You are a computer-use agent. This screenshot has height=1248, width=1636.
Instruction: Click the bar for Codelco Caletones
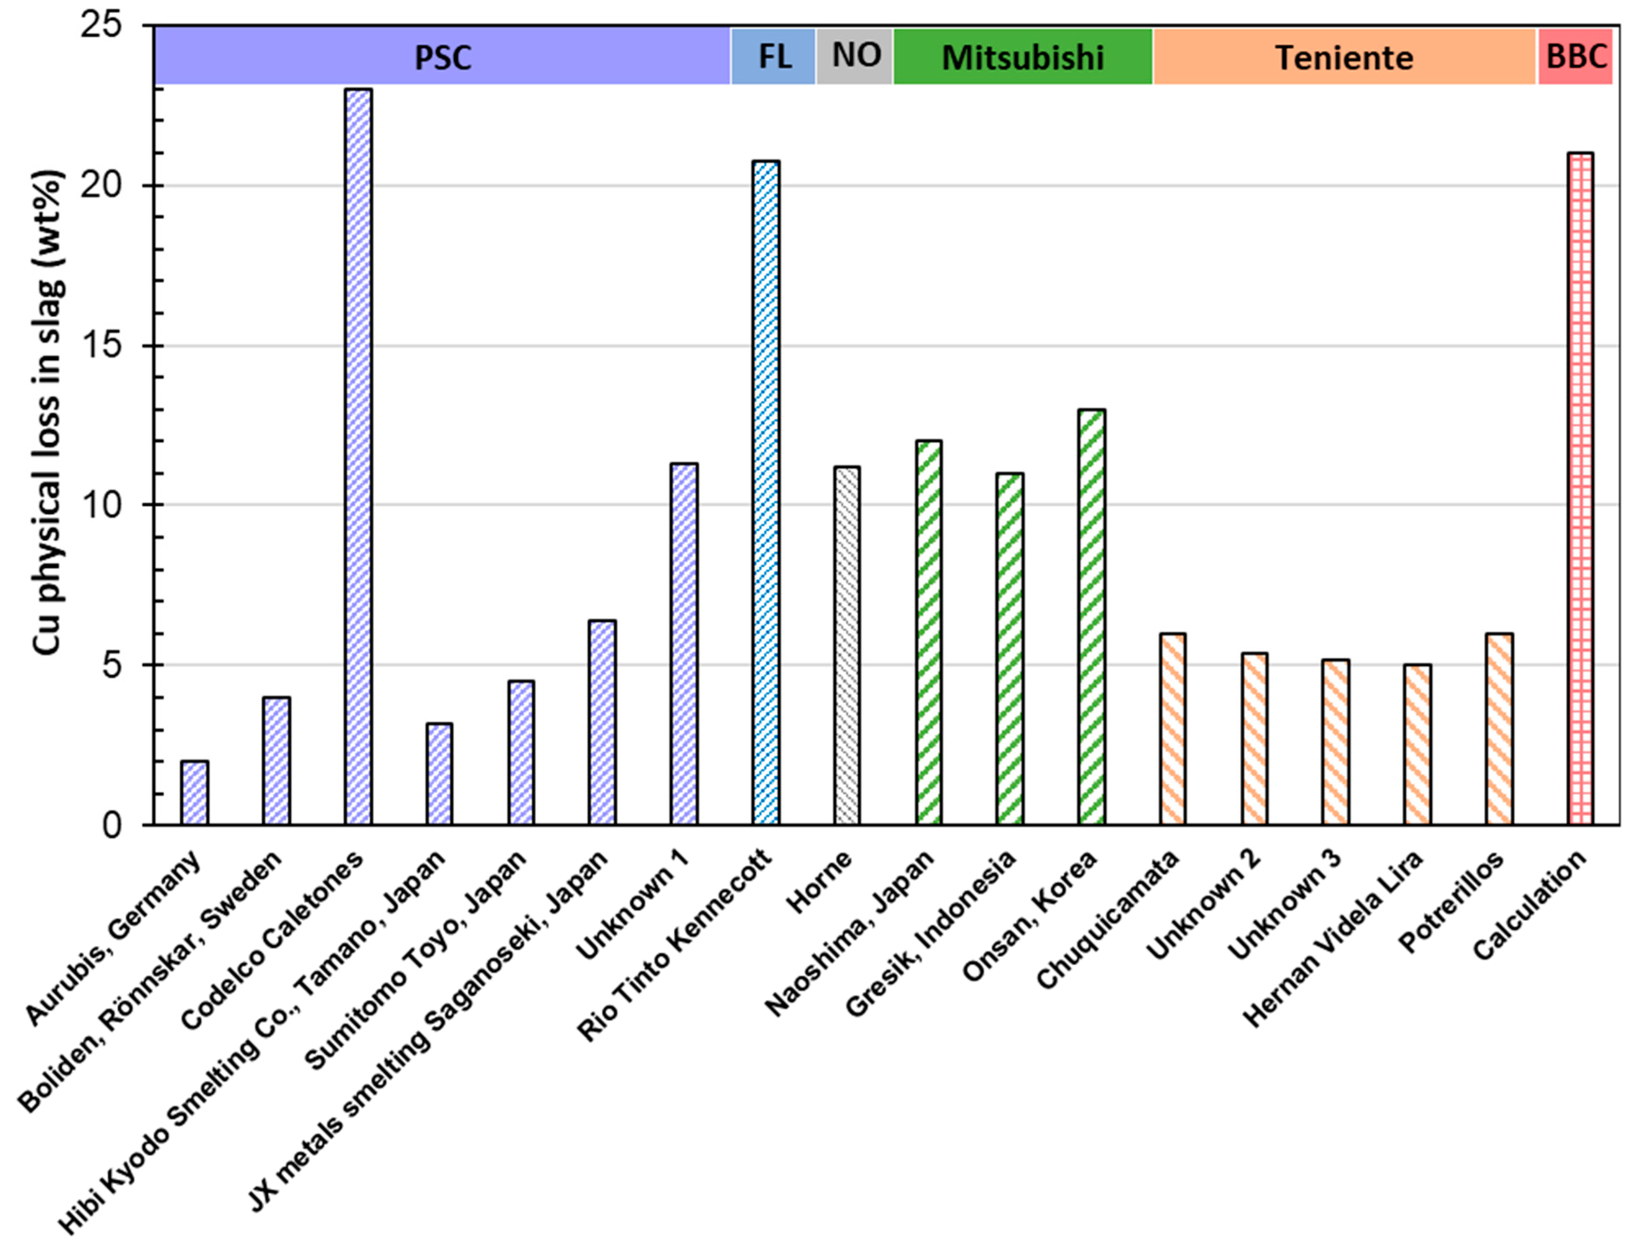358,457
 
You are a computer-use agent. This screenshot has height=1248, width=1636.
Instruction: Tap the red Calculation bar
1580,489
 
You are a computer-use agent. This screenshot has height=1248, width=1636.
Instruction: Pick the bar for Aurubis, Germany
195,793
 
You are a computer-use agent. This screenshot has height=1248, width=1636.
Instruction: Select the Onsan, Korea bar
1091,617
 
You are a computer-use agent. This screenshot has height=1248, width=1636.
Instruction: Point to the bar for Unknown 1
684,644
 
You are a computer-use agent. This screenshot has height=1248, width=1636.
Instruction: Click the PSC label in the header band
443,57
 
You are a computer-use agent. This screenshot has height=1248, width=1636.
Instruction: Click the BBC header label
1576,56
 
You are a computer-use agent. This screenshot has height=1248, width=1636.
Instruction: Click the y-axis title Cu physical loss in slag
48,412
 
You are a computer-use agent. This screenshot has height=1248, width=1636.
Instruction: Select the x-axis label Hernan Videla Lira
1334,940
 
